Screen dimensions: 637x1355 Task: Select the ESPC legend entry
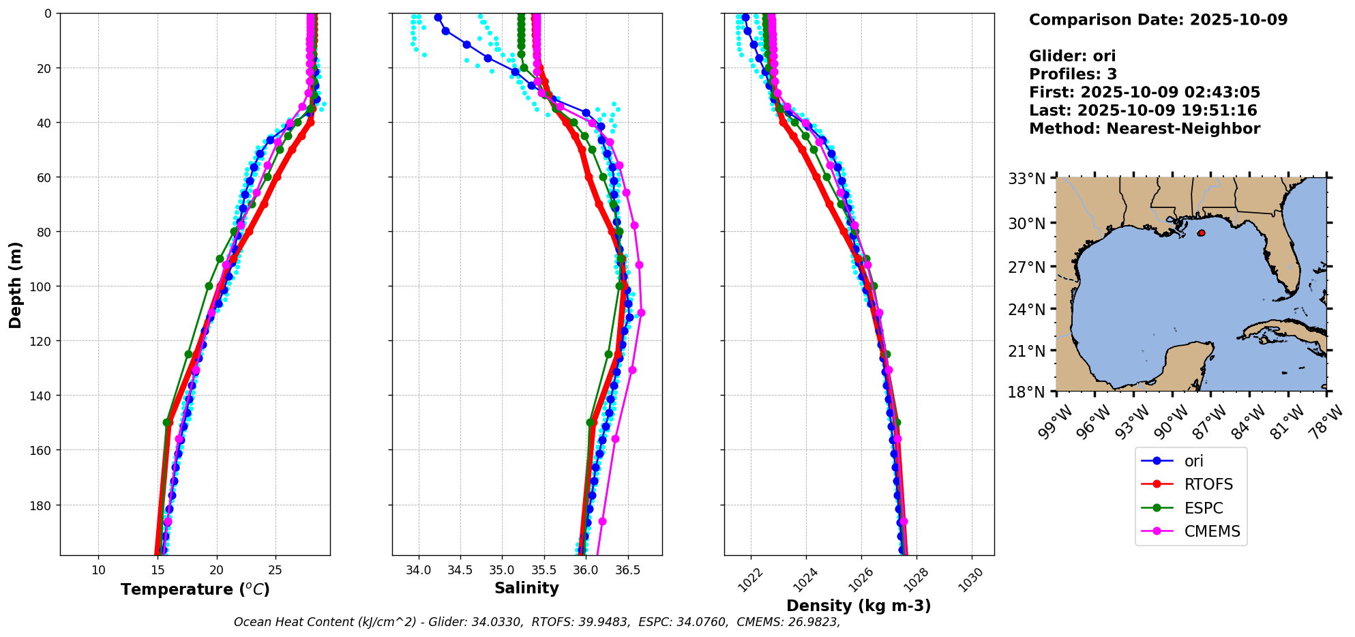tap(1203, 508)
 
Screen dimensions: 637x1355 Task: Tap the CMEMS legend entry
tap(1212, 531)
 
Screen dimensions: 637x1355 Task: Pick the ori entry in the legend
tap(1193, 461)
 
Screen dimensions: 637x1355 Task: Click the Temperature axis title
tap(195, 589)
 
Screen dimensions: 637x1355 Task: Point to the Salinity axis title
tap(526, 588)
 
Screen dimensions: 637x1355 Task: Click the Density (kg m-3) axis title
tap(859, 606)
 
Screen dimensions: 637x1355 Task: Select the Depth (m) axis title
tap(15, 284)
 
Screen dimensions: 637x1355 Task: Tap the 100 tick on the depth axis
tap(42, 286)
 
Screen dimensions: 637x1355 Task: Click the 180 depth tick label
tap(42, 505)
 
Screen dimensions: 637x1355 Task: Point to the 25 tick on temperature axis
tap(276, 570)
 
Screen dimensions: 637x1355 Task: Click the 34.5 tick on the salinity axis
tap(460, 570)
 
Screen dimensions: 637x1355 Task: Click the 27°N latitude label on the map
tap(1027, 267)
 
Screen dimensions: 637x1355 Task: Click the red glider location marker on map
tap(1201, 233)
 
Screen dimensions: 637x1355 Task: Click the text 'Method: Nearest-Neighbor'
tap(1144, 129)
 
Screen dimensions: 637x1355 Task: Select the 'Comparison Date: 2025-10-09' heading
tap(1158, 20)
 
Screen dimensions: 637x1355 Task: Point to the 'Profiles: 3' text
tap(1073, 74)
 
